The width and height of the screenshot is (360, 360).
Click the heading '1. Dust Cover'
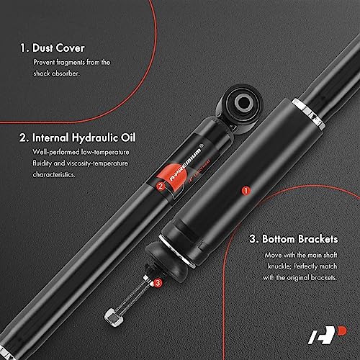(53, 48)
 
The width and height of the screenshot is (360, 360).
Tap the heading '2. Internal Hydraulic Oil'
(78, 138)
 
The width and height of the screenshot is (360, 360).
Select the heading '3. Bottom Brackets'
(294, 239)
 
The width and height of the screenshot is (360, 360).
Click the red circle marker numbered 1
(246, 191)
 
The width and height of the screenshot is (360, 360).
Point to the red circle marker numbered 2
(161, 186)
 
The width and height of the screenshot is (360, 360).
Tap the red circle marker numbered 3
(158, 283)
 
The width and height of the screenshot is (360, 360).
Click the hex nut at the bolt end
(114, 318)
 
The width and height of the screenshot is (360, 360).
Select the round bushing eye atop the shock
(243, 103)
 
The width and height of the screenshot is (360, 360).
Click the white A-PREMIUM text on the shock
(185, 165)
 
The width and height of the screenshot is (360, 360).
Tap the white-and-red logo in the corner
(328, 335)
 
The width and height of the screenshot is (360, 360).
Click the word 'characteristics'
(54, 174)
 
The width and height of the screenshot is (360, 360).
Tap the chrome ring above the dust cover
(308, 113)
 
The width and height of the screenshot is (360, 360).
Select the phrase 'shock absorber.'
(56, 73)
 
